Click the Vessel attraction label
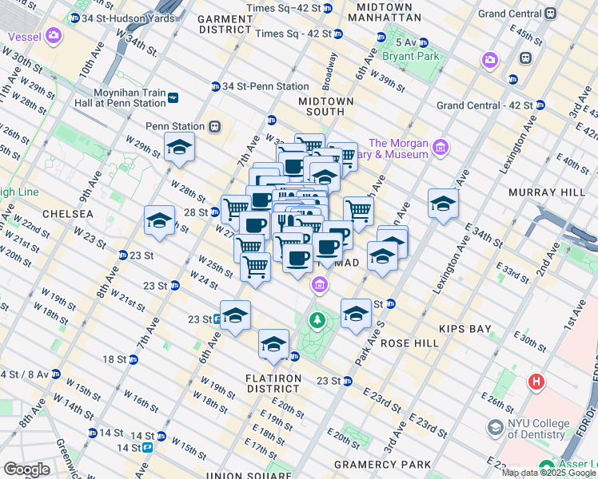pos(26,36)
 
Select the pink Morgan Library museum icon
pos(439,147)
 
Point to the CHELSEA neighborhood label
pos(68,214)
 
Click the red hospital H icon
pos(536,382)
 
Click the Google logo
pos(26,469)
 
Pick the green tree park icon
pos(318,321)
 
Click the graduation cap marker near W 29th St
pos(179,148)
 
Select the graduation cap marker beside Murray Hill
pos(443,204)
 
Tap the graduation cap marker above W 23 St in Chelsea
pos(159,221)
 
